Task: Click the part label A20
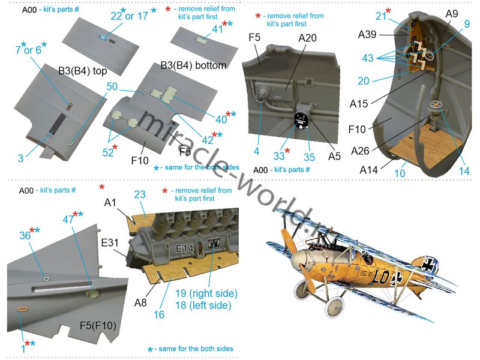(307, 38)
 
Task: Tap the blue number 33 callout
(279, 156)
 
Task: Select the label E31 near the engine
(110, 243)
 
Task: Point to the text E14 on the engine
(185, 248)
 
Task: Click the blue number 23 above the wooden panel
(140, 194)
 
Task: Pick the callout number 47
(68, 219)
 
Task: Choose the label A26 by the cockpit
(360, 151)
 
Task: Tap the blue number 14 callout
(464, 171)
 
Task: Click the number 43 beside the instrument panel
(368, 58)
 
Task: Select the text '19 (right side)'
(206, 293)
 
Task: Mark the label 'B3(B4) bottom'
(193, 65)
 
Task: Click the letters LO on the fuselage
(380, 277)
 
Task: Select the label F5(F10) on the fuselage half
(98, 325)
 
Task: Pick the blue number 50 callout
(112, 86)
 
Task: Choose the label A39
(367, 34)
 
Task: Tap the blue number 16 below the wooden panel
(159, 314)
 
